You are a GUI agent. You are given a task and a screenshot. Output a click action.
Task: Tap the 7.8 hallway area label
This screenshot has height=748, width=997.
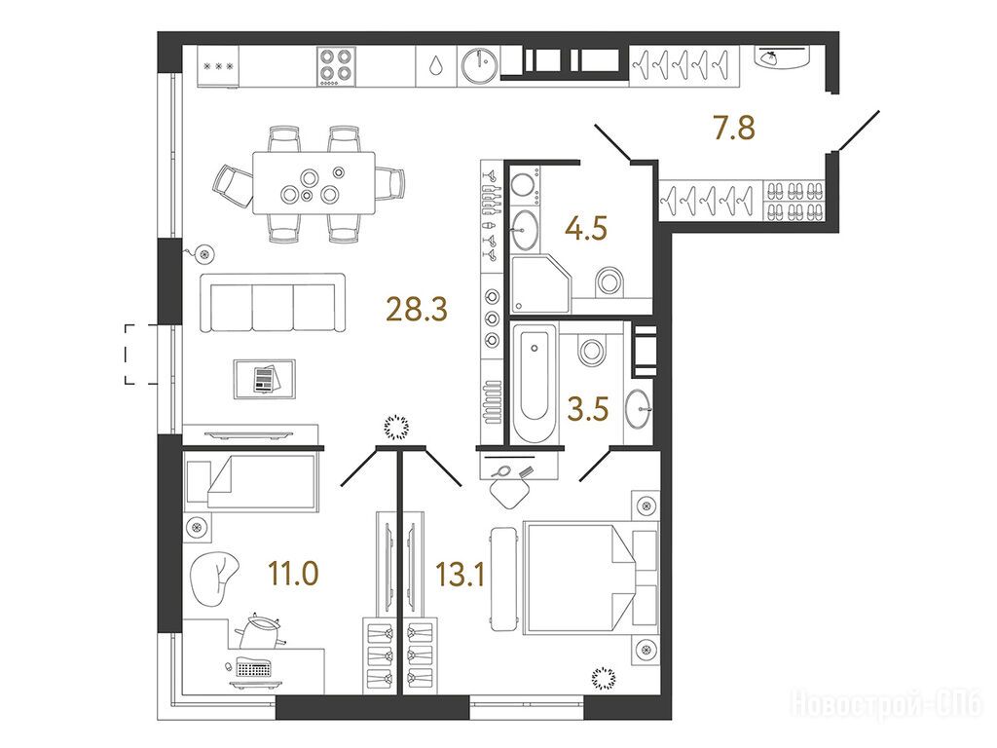coord(734,128)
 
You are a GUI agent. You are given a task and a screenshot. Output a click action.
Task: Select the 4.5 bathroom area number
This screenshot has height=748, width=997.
coord(585,228)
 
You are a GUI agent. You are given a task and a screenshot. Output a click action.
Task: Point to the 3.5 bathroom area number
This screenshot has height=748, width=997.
coord(588,409)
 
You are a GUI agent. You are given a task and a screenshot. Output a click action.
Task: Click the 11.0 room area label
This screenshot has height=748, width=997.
coord(293,574)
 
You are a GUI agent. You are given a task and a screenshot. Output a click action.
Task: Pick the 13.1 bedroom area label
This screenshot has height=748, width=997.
coord(461,574)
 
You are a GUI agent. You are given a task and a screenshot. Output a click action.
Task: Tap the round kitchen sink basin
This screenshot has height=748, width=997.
coord(479,65)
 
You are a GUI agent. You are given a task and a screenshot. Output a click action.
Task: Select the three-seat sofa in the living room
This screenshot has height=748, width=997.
coord(274,303)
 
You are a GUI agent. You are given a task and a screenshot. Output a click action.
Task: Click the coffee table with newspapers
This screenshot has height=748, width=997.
coord(265,379)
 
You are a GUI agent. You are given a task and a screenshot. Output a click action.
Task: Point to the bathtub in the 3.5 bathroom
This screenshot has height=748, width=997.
coord(535,383)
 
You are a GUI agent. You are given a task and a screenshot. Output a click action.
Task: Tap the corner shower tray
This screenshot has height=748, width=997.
coord(539,283)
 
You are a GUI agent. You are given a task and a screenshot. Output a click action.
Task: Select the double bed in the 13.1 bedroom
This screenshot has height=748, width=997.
coord(590,578)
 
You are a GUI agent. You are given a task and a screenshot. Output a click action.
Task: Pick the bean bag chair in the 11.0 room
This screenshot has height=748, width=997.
coord(213,577)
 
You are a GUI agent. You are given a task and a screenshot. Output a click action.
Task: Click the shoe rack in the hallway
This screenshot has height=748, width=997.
coord(794,201)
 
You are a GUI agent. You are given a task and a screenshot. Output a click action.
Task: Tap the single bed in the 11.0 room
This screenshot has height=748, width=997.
coord(251,481)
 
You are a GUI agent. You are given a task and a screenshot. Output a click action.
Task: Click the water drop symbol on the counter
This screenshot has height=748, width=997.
coord(436,65)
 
